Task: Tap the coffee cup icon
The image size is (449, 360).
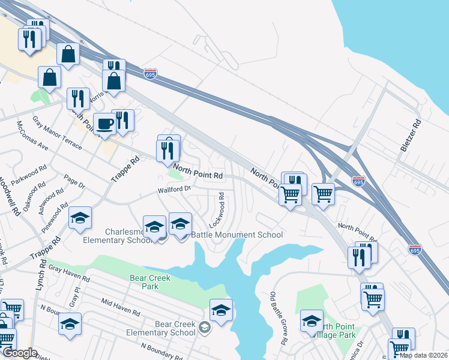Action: click(x=105, y=124)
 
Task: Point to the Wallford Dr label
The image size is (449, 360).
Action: click(x=174, y=190)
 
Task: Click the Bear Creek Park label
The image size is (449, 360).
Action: click(x=151, y=283)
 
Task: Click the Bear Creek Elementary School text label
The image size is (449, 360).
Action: click(x=175, y=328)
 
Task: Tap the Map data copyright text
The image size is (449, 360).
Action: click(x=423, y=355)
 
